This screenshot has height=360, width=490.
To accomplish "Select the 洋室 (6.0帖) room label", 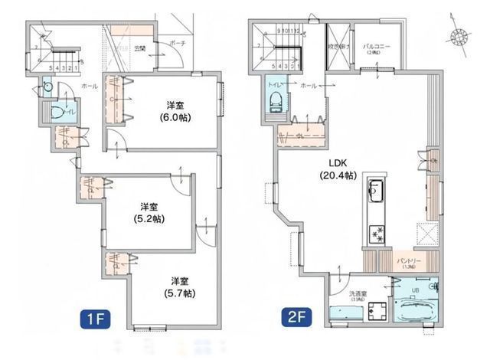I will (175, 112).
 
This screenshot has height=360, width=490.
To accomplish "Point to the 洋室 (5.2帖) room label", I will (148, 212).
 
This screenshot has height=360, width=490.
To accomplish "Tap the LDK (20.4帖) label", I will (338, 169).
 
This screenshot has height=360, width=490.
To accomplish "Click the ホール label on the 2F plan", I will (310, 85).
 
